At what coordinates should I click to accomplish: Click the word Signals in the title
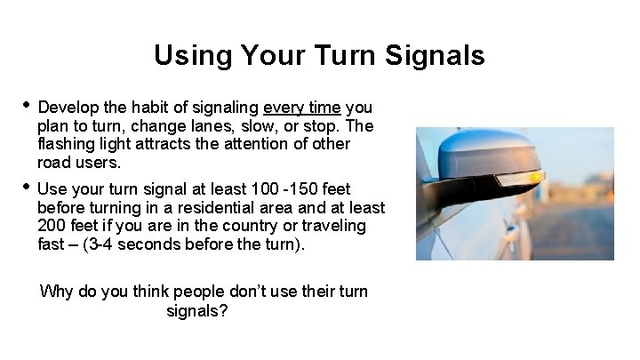coord(436,56)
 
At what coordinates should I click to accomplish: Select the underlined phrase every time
coord(302,108)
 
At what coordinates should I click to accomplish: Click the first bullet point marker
coord(27,105)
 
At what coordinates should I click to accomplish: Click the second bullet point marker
coord(27,187)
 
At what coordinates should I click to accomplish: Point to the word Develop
coord(68,108)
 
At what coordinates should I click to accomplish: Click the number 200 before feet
coord(52,226)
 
